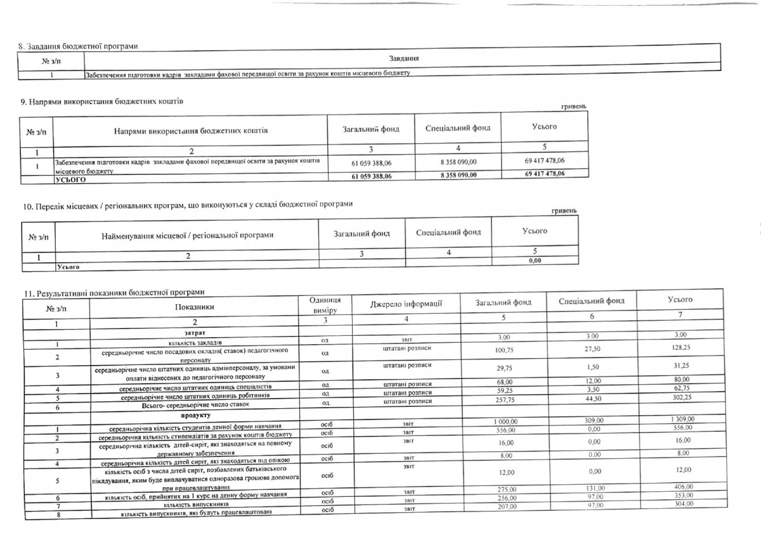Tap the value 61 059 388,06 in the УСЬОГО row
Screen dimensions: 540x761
click(371, 176)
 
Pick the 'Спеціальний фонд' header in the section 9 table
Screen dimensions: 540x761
click(457, 128)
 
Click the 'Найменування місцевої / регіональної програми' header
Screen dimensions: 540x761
click(187, 235)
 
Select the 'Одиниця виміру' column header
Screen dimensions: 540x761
click(326, 305)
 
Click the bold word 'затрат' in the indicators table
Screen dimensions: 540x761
click(194, 333)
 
